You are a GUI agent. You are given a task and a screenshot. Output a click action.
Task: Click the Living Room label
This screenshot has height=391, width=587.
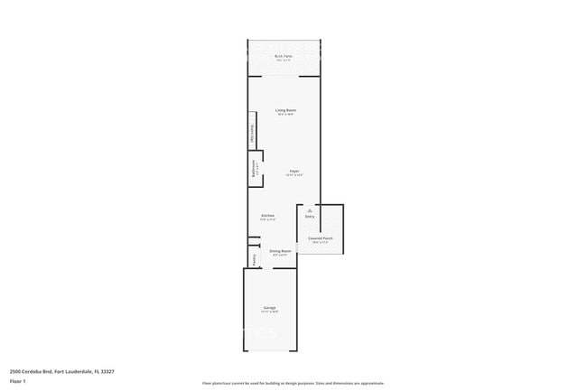285,110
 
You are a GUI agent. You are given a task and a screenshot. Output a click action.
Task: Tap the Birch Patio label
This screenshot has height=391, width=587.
284,56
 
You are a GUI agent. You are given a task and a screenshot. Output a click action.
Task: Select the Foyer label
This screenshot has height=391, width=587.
294,171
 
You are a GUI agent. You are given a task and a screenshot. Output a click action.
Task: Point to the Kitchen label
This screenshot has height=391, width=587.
267,216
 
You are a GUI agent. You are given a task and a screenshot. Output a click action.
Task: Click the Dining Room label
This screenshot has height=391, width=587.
280,251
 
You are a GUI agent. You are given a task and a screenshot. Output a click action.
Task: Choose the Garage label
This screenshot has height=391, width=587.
270,308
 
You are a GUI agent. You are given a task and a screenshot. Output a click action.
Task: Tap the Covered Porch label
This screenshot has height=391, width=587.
321,238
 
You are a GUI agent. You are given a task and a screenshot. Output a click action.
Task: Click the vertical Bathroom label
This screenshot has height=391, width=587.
254,169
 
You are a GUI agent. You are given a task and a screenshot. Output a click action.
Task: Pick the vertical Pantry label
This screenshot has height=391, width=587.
254,258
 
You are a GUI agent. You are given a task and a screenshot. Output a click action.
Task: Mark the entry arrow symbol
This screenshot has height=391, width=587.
309,210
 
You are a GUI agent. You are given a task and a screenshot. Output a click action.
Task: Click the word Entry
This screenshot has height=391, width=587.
309,217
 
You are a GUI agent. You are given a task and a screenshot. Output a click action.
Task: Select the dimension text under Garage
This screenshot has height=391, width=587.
270,312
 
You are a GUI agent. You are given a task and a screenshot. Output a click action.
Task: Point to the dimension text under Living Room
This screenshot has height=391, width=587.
285,115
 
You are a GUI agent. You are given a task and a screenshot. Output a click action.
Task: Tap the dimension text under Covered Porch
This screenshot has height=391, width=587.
321,243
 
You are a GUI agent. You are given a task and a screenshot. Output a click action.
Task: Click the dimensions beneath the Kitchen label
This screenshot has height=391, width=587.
267,220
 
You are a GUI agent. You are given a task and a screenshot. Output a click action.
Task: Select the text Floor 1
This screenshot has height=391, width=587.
17,381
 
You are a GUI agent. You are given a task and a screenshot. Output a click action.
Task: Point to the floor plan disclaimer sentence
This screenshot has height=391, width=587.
294,383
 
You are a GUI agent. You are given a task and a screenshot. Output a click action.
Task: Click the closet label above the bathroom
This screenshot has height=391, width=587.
253,134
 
